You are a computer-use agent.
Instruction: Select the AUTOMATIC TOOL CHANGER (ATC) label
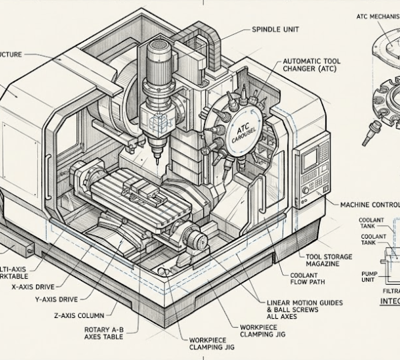coord(311,65)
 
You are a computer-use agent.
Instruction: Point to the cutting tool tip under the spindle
coord(157,159)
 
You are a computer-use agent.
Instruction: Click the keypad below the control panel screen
coord(309,183)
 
